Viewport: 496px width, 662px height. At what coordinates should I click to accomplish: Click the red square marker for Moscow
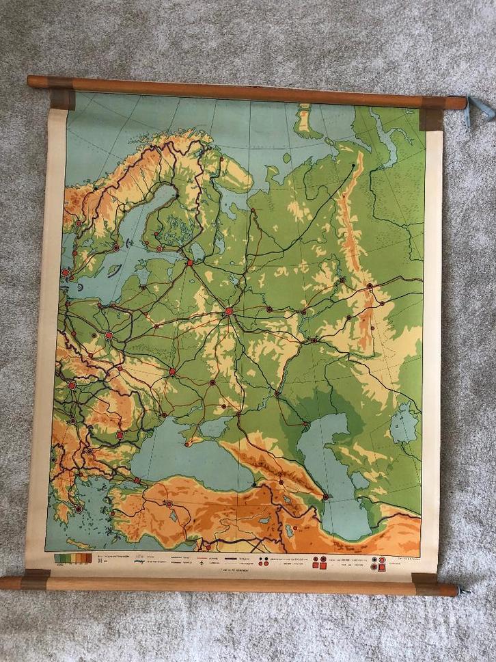pyautogui.click(x=229, y=311)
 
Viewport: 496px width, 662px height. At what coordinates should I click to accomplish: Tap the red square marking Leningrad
pyautogui.click(x=190, y=263)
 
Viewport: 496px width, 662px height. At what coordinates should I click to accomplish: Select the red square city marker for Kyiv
pyautogui.click(x=171, y=372)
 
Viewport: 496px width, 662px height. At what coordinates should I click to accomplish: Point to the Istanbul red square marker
pyautogui.click(x=138, y=481)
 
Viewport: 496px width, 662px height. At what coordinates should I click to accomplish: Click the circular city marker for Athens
pyautogui.click(x=79, y=509)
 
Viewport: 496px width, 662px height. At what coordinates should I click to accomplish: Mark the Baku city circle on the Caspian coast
pyautogui.click(x=325, y=496)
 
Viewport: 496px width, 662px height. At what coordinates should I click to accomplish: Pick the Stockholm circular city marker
pyautogui.click(x=116, y=246)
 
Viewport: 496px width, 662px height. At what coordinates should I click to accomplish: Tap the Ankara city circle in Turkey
pyautogui.click(x=169, y=503)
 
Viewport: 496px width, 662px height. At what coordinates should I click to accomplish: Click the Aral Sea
pyautogui.click(x=404, y=422)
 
